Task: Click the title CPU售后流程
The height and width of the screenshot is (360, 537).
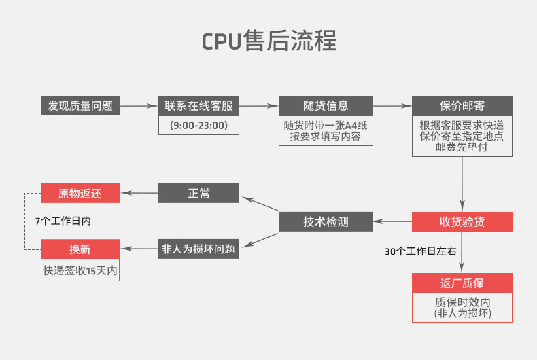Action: coord(269,41)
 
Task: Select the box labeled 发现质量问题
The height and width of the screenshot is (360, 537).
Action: coord(80,106)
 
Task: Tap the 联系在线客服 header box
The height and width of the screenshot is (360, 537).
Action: coord(198,106)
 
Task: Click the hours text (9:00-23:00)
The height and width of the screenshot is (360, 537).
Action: coord(198,125)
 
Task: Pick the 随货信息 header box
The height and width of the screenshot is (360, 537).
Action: coord(326,106)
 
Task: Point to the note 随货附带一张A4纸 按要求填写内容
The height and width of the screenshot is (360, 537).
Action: coord(326,130)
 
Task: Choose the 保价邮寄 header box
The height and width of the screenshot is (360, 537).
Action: coord(462,106)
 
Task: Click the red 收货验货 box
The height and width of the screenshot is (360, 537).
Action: coord(462,221)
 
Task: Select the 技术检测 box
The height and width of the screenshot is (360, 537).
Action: coord(326,221)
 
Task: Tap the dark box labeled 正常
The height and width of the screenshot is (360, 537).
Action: coord(198,194)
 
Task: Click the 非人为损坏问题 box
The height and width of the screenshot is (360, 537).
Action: coord(198,249)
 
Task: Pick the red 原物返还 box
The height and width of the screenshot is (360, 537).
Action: coord(80,194)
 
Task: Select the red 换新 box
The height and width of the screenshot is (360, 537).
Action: coord(80,249)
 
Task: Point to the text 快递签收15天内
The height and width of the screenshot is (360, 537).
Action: coord(80,271)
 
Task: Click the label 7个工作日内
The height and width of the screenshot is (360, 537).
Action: coord(63,221)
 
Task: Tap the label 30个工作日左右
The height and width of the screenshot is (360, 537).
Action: coord(421,251)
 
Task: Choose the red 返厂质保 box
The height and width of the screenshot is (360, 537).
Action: coord(462,283)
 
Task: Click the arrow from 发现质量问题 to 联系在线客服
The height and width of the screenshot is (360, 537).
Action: coord(139,106)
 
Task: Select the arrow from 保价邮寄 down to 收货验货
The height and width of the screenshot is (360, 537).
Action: coord(462,184)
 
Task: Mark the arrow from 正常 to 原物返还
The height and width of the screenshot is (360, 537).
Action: coord(139,193)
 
